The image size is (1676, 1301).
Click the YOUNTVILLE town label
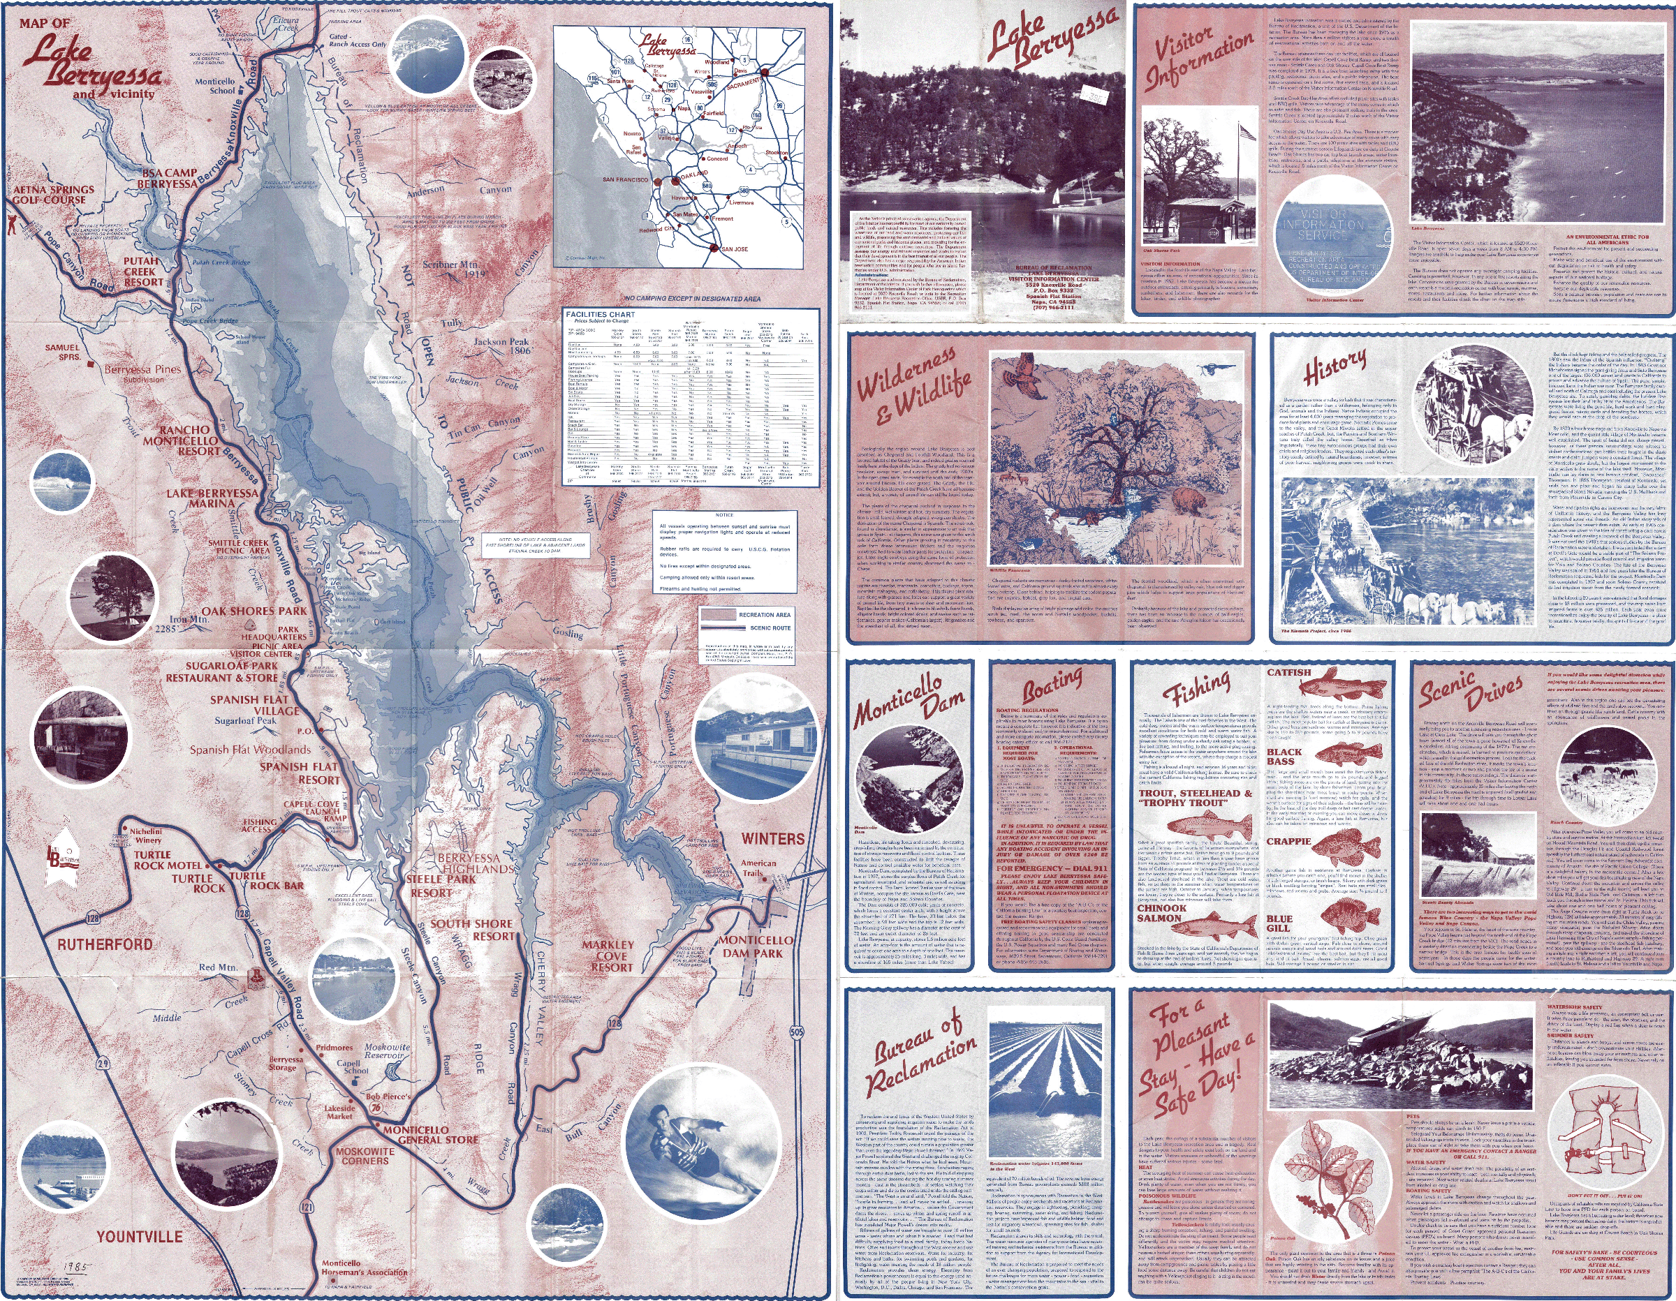coord(139,1236)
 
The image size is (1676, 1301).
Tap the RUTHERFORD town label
coord(105,944)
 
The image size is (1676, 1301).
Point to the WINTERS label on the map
coord(773,838)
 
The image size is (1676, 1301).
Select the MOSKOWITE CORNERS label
coord(365,1156)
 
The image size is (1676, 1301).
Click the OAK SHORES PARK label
coord(254,611)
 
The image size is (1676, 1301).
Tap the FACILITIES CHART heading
coord(600,315)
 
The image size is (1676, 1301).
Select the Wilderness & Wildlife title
coord(913,385)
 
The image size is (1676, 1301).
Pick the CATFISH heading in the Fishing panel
coord(1289,673)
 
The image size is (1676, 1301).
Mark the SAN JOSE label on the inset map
coord(735,249)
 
